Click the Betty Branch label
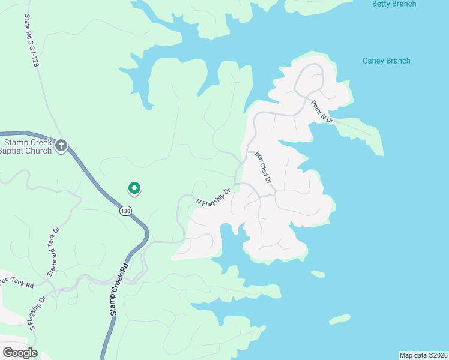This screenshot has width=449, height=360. coord(394,4)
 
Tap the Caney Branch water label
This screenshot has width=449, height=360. coord(387,61)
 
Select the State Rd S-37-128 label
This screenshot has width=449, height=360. coord(31,41)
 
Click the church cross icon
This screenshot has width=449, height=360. coord(61,146)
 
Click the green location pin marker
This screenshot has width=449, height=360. coord(134,189)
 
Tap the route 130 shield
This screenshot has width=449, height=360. coord(125,211)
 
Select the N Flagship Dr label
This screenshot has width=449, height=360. coord(214,197)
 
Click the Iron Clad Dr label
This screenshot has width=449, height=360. coord(264,167)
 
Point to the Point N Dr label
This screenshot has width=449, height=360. coord(322,112)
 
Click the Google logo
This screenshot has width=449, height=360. coord(20,353)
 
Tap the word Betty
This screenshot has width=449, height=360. coord(382,4)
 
